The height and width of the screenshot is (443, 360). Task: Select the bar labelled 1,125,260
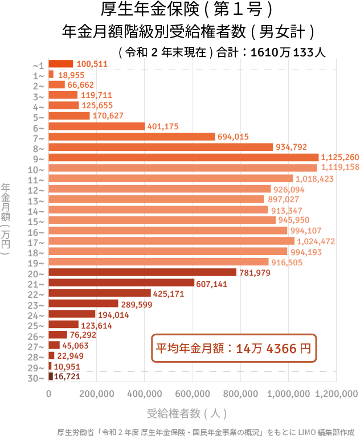183,157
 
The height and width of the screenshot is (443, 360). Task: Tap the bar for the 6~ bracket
97,126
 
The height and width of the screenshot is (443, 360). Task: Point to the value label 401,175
163,126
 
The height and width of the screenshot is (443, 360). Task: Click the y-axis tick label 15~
39,221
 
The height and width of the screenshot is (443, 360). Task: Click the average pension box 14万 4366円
234,348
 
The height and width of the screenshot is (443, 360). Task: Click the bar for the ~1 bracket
60,64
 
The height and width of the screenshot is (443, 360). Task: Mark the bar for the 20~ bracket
142,273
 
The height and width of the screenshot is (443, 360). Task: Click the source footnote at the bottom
208,433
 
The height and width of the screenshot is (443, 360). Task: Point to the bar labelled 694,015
132,137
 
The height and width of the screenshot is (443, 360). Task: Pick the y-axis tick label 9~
39,158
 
